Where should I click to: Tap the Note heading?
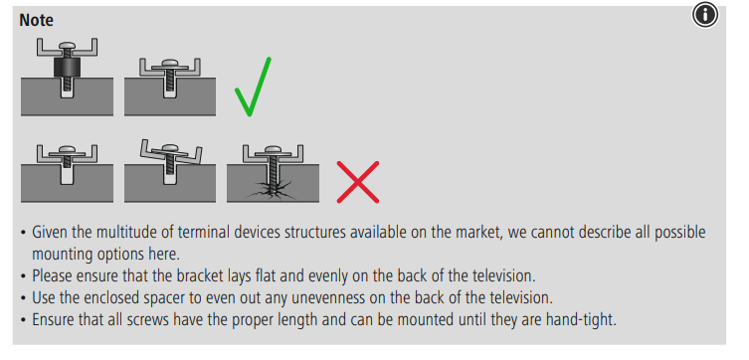[x=37, y=20]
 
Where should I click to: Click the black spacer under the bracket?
[x=66, y=69]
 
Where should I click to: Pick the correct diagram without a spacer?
[x=169, y=76]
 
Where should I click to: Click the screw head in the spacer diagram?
[x=66, y=48]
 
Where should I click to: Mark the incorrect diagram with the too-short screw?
[x=66, y=169]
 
